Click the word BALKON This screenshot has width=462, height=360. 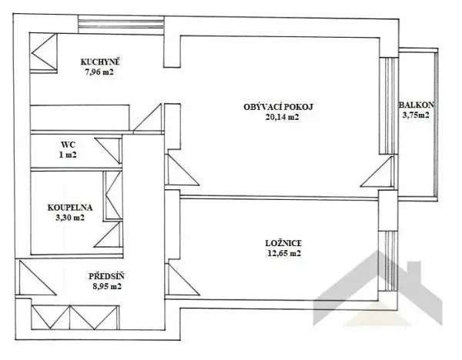(x=416, y=105)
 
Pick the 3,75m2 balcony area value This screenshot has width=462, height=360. (x=416, y=117)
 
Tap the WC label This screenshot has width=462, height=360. (x=69, y=143)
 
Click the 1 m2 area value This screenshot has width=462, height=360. (x=69, y=154)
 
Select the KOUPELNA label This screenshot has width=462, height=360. (x=70, y=206)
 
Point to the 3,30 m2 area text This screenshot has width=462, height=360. (x=70, y=218)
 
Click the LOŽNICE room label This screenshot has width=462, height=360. (x=279, y=241)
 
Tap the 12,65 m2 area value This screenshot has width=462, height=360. (x=279, y=252)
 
